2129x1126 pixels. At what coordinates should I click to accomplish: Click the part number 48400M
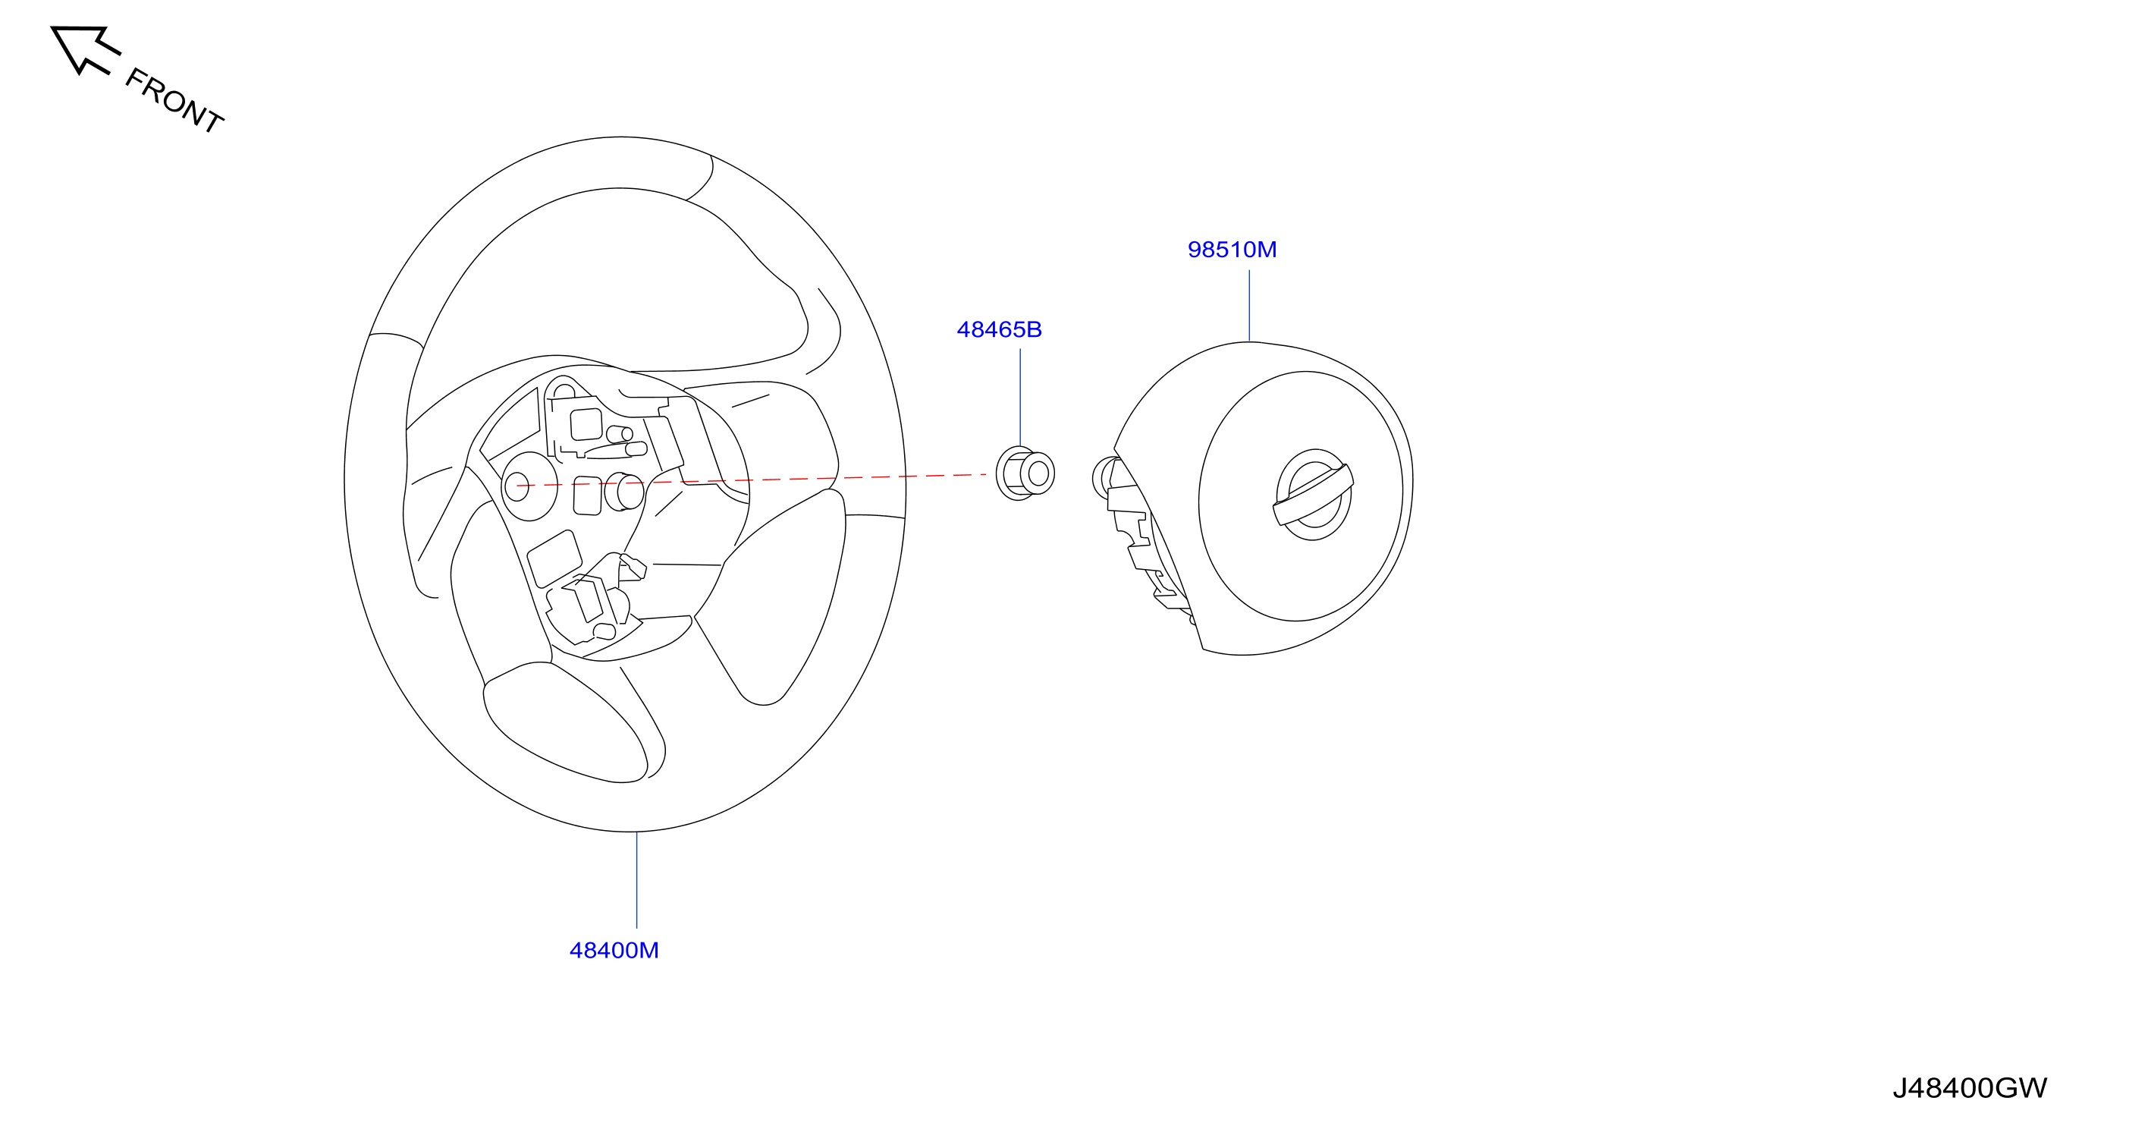pos(614,951)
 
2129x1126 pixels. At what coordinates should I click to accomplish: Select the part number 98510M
pos(1232,250)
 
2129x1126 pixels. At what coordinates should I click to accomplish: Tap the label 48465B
pos(998,330)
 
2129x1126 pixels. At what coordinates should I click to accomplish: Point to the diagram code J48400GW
pos(1970,1088)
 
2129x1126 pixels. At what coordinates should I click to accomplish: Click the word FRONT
pos(174,101)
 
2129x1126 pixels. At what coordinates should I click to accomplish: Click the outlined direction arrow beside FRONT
pos(84,49)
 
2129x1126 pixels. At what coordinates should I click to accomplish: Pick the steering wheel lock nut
pos(1025,473)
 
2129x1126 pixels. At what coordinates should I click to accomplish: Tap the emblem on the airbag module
pos(1313,495)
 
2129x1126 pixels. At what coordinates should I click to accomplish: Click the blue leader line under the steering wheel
pos(636,879)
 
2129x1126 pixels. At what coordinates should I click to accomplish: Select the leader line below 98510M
pos(1248,305)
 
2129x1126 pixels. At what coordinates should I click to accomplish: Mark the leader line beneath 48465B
pos(1020,398)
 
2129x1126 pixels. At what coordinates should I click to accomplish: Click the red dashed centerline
pos(750,480)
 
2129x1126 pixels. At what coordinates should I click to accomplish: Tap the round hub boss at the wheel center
pos(529,486)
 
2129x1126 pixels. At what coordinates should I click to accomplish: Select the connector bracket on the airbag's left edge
pos(1141,537)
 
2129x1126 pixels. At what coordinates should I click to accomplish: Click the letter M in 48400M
pos(649,951)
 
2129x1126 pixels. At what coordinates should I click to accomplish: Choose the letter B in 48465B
pos(1034,330)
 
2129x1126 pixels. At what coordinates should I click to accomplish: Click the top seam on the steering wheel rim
pos(701,177)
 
